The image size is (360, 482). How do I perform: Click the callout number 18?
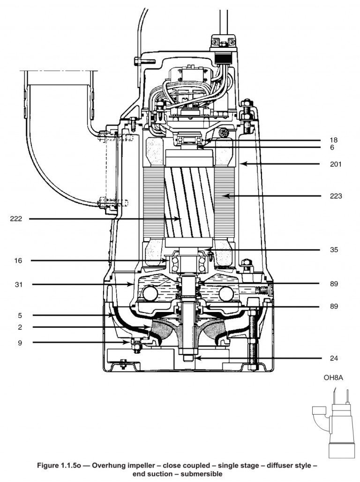coord(333,140)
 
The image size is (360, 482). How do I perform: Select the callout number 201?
coord(335,164)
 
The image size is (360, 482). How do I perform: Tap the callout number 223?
coord(335,196)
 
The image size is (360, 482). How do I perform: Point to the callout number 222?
coord(16,218)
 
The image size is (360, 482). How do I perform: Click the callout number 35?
coord(333,249)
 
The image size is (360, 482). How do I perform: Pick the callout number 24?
coord(333,358)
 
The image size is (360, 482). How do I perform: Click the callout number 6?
coord(331,147)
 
